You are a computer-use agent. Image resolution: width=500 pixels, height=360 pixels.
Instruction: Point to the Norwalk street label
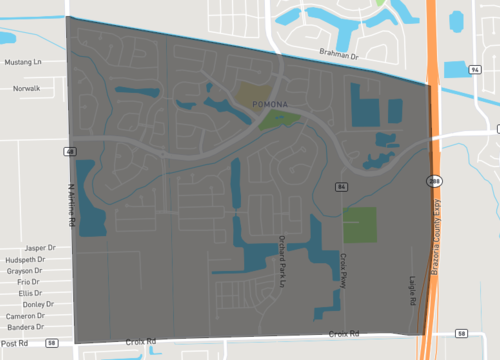pyautogui.click(x=26, y=88)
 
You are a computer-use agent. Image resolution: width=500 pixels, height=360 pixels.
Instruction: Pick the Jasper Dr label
pyautogui.click(x=38, y=247)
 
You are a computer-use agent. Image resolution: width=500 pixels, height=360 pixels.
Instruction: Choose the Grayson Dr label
pyautogui.click(x=35, y=270)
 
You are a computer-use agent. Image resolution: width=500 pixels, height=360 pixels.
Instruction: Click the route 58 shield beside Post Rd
pyautogui.click(x=52, y=343)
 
